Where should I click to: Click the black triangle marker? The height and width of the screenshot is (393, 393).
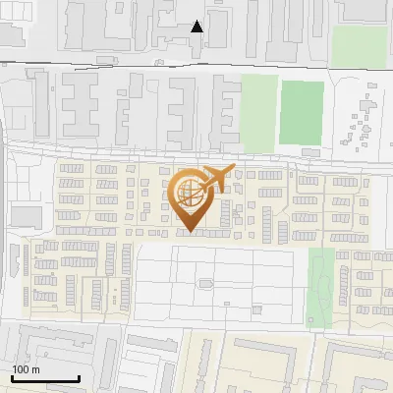(197, 27)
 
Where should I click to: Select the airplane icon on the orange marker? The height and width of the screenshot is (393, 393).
(215, 179)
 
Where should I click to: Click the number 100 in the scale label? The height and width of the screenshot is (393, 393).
(21, 369)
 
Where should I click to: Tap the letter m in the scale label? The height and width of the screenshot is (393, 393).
(35, 369)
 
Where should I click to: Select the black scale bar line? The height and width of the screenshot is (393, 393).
(45, 378)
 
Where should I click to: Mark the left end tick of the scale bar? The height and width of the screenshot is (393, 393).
(12, 376)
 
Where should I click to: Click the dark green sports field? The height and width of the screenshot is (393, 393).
(301, 112)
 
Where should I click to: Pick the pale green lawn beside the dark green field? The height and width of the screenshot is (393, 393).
(258, 113)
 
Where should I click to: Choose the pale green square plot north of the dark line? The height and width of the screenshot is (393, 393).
(358, 46)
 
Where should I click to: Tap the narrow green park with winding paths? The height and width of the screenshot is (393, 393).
(321, 287)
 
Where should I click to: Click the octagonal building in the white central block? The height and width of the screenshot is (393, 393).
(205, 283)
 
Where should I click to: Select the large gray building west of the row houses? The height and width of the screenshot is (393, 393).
(27, 215)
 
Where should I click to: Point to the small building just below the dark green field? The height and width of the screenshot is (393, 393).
(310, 152)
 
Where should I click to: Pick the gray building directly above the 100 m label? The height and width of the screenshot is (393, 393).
(29, 345)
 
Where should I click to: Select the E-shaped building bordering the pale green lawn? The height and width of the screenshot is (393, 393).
(227, 113)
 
